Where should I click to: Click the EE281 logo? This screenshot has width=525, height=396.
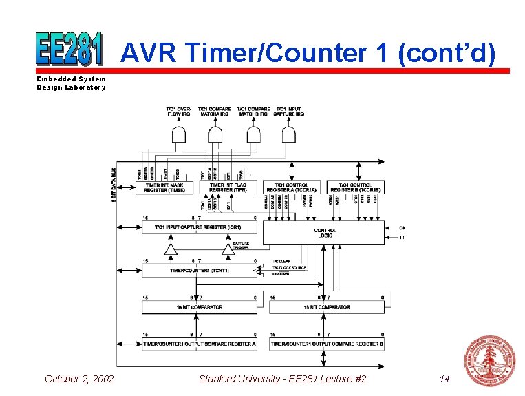tap(69, 48)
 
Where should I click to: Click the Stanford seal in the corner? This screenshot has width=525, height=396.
tap(489, 361)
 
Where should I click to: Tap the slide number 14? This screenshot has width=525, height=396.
tap(444, 379)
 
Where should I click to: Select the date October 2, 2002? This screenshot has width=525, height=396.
tap(79, 379)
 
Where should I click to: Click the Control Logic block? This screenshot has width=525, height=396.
tap(323, 233)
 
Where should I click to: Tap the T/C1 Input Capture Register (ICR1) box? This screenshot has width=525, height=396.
tap(199, 227)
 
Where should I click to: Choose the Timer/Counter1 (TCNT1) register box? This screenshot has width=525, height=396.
tap(199, 271)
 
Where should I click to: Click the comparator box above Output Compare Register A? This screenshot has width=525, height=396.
tap(199, 307)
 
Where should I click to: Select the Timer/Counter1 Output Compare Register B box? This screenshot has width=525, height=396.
tap(327, 344)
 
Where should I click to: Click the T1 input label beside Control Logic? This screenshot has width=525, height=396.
tap(402, 238)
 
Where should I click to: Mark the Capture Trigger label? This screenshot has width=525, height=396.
tap(240, 245)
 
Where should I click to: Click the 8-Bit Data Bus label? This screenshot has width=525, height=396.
tap(114, 185)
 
